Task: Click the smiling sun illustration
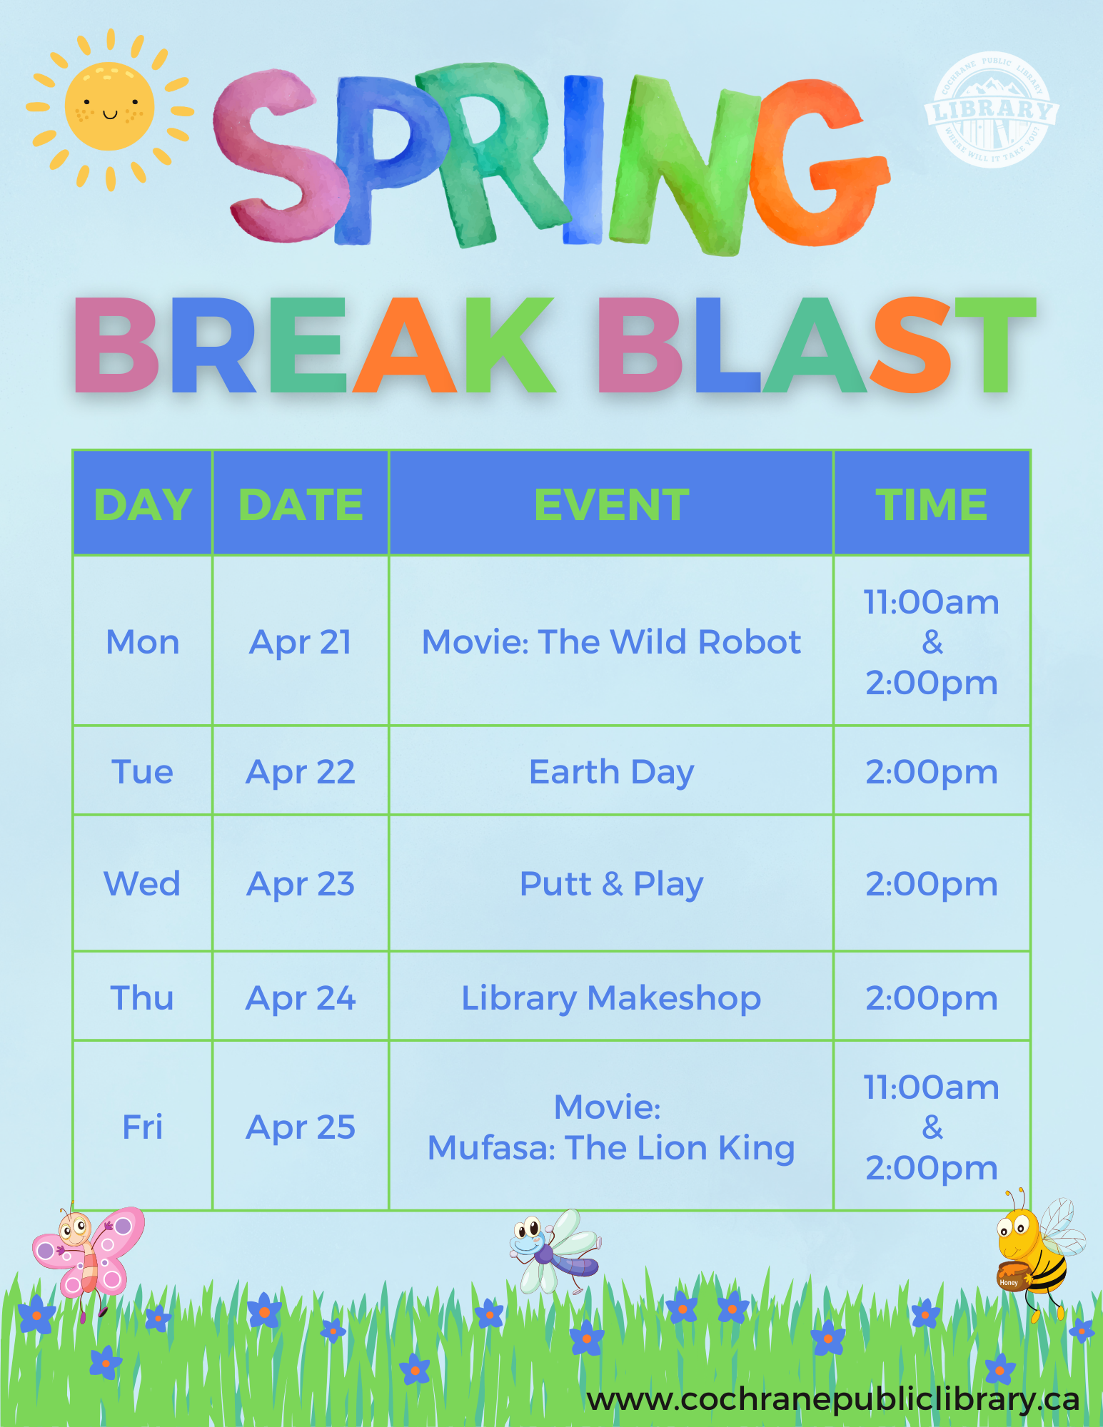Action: coord(110,108)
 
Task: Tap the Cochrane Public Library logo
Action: coord(991,110)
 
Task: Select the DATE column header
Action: coord(301,504)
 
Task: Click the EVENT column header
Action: coord(612,504)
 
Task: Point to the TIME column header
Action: coord(932,504)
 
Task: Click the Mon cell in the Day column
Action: coord(143,642)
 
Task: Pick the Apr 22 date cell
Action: coord(301,772)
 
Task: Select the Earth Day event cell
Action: coord(612,772)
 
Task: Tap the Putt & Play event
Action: coord(612,884)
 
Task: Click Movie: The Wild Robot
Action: coord(612,642)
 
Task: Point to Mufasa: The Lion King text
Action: coord(611,1148)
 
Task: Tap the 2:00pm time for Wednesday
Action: coord(932,884)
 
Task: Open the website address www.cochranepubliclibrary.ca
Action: coord(833,1400)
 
